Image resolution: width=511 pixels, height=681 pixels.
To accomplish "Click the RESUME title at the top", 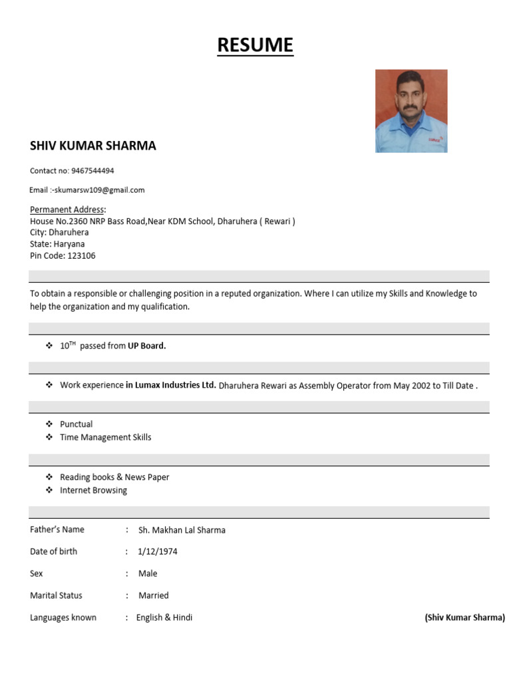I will click(x=255, y=45).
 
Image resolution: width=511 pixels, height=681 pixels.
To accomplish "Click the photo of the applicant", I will click(x=411, y=111).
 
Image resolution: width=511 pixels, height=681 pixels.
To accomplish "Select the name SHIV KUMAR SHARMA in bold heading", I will click(x=93, y=146).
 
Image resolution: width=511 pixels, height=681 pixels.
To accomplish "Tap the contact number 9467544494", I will click(x=92, y=171).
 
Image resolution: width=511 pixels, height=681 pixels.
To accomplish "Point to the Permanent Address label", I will click(x=67, y=209).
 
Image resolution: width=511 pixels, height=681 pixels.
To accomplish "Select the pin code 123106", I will click(x=81, y=255).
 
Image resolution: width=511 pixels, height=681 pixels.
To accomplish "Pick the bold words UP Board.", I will click(x=146, y=346).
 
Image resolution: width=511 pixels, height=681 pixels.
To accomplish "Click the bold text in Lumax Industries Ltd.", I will click(x=171, y=385).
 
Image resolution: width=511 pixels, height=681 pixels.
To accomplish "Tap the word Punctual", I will click(x=77, y=424).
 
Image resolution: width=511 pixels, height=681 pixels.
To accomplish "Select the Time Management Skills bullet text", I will click(x=106, y=438).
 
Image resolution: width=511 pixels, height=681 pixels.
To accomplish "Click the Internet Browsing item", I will click(x=93, y=491).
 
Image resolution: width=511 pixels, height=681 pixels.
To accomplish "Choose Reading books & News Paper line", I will click(x=114, y=477).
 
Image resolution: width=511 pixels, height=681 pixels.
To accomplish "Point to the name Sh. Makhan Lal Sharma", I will click(x=182, y=531).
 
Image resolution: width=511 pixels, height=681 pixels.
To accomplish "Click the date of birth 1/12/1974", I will click(x=158, y=552).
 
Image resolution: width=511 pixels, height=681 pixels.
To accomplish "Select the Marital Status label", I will click(x=56, y=596).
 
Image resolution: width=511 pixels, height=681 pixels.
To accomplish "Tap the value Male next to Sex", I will click(x=148, y=574).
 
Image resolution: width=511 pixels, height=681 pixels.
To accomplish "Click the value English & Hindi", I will click(x=164, y=618).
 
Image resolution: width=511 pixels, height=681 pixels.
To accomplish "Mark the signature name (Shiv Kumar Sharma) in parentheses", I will click(x=464, y=618).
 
